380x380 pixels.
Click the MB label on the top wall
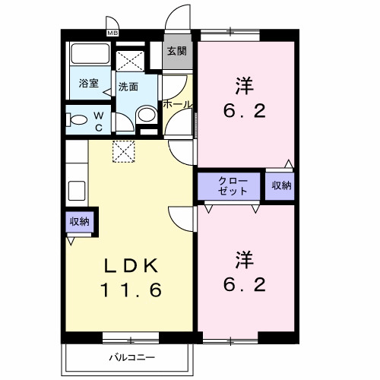[112, 33]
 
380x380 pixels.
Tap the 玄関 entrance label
[176, 52]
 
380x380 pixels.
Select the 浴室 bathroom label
[89, 84]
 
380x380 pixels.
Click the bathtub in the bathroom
[88, 57]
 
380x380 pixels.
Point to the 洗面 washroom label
[128, 87]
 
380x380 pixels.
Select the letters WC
[98, 121]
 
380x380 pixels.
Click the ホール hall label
[177, 104]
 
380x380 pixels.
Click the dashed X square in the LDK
[122, 151]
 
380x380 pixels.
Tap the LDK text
[131, 265]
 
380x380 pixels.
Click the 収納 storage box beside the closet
[279, 185]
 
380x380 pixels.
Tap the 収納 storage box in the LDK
[79, 222]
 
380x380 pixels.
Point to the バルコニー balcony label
[131, 356]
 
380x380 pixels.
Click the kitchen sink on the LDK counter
[77, 188]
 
